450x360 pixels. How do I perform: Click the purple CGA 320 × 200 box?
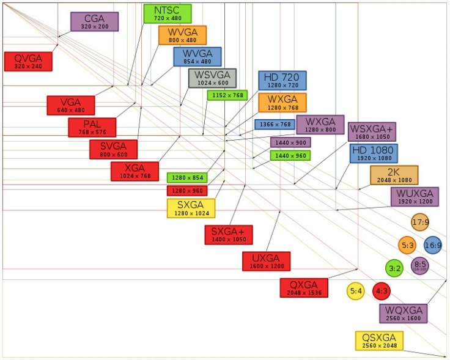(x=94, y=21)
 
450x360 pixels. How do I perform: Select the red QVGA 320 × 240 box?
(x=28, y=61)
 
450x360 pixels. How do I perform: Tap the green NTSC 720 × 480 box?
(x=167, y=13)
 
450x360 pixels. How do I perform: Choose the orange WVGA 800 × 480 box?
(x=182, y=35)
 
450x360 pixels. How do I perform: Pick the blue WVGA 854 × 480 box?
(x=197, y=56)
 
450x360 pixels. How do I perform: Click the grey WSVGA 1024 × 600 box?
(x=212, y=78)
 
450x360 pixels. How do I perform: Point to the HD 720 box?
(x=282, y=81)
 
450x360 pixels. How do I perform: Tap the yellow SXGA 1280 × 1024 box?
(x=191, y=208)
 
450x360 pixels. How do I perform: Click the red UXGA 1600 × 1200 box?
(x=266, y=261)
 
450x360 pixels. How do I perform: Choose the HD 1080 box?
(x=374, y=153)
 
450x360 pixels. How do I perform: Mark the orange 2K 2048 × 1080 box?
(x=394, y=175)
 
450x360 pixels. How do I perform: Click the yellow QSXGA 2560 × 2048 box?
(x=379, y=341)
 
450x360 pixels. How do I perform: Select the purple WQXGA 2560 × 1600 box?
(x=403, y=314)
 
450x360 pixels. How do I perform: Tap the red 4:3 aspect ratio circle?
(x=382, y=291)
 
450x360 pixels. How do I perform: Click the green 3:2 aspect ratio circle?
(x=394, y=268)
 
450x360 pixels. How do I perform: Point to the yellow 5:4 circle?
(x=356, y=291)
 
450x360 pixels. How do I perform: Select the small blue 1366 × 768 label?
(x=275, y=125)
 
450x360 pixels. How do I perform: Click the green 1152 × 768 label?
(x=227, y=95)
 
